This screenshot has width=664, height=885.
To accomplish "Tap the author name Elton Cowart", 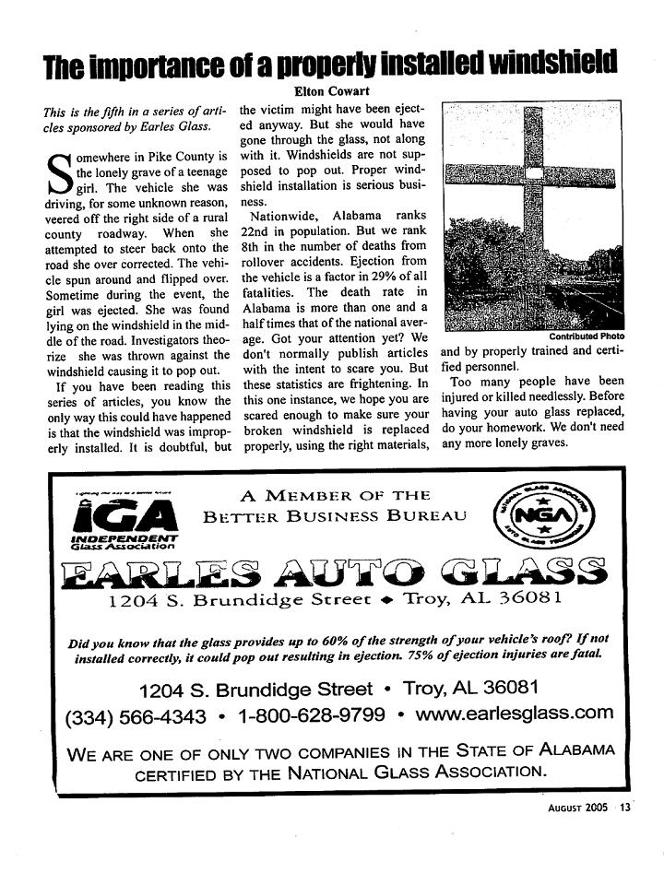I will click(x=333, y=90).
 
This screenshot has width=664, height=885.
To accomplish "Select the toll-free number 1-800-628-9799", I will click(x=312, y=715).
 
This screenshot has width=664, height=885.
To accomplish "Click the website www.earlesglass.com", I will click(x=515, y=714).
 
